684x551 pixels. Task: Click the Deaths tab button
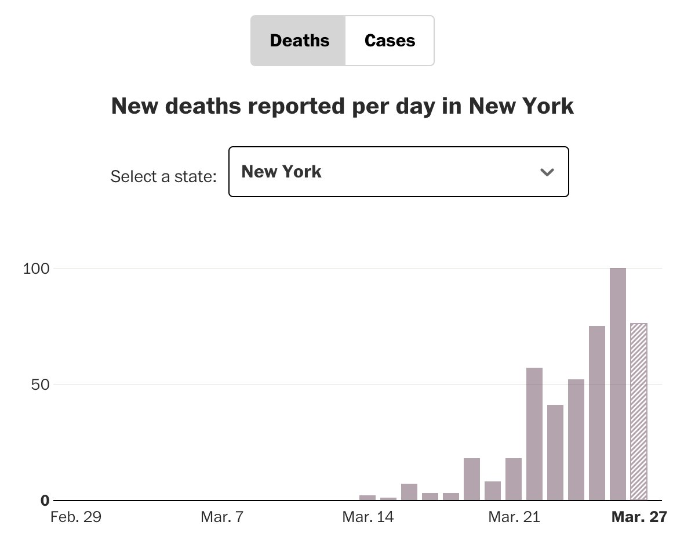(299, 41)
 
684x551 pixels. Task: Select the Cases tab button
(390, 41)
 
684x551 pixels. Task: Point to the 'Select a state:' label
(163, 176)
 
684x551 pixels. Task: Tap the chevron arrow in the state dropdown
(547, 172)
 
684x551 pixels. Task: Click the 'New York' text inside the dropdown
(281, 172)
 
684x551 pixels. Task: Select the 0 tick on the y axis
(45, 501)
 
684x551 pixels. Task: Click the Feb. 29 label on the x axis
(76, 517)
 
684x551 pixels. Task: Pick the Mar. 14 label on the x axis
(368, 517)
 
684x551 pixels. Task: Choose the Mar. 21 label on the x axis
(514, 517)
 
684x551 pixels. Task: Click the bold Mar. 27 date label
(639, 517)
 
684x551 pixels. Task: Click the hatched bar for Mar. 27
(639, 412)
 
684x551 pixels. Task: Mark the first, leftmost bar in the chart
(368, 497)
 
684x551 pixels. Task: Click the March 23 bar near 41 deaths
(555, 452)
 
